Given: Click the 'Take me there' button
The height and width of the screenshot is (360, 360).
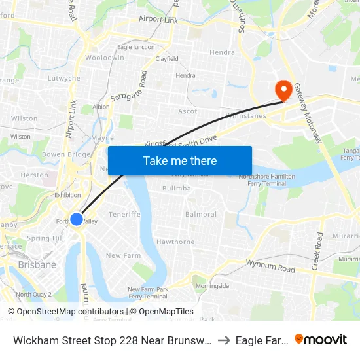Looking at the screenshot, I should click(180, 161).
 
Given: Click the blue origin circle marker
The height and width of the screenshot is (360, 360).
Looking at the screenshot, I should click(77, 219).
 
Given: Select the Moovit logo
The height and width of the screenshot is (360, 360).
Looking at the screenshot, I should click(321, 339).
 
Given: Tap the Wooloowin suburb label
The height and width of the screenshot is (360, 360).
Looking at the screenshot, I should click(105, 58).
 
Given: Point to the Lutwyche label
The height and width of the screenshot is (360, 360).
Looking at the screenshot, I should click(64, 79).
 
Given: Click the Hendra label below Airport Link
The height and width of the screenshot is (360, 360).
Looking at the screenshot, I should click(222, 52).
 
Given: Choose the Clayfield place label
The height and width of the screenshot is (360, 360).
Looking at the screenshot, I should click(166, 59).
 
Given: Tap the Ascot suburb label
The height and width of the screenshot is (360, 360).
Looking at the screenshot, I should click(188, 111).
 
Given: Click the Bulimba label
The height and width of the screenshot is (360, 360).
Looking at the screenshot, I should click(177, 188).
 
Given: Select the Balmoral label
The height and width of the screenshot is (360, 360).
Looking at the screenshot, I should click(201, 214).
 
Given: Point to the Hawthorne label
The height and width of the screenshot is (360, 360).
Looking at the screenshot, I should click(175, 242).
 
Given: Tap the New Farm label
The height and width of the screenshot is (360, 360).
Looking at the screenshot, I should click(123, 255).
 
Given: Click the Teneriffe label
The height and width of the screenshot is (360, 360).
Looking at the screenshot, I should click(124, 214).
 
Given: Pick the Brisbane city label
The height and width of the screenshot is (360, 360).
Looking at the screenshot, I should click(37, 264).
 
